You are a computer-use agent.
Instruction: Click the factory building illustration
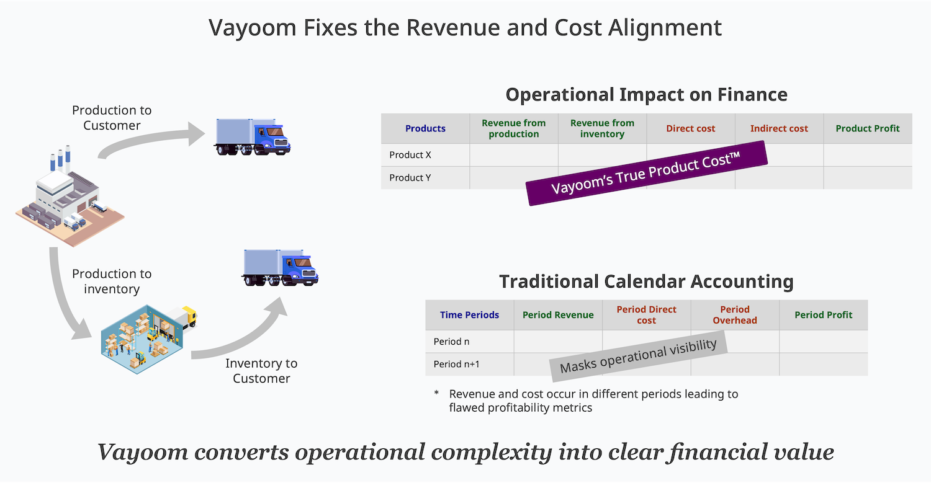point(70,196)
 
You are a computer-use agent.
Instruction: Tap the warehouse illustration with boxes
point(148,339)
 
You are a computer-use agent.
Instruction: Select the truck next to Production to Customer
point(252,137)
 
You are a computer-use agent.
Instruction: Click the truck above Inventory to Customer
point(280,268)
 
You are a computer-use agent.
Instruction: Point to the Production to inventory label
point(112,281)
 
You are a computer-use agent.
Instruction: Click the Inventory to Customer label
point(261,371)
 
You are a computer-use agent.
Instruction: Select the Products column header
point(425,128)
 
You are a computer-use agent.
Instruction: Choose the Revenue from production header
point(514,128)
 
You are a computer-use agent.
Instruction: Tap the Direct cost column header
point(690,128)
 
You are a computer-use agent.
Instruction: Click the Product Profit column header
point(868,128)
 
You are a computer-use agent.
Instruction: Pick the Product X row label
point(410,155)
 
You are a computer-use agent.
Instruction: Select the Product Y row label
point(410,178)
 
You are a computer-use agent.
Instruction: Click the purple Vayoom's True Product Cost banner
point(646,173)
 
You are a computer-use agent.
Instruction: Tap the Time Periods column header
point(470,315)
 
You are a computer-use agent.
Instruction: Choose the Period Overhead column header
point(735,315)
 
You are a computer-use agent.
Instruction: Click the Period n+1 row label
point(456,364)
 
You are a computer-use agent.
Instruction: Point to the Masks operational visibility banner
point(639,356)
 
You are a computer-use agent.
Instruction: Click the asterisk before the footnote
point(436,392)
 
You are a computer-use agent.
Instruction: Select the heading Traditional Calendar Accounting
point(646,281)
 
